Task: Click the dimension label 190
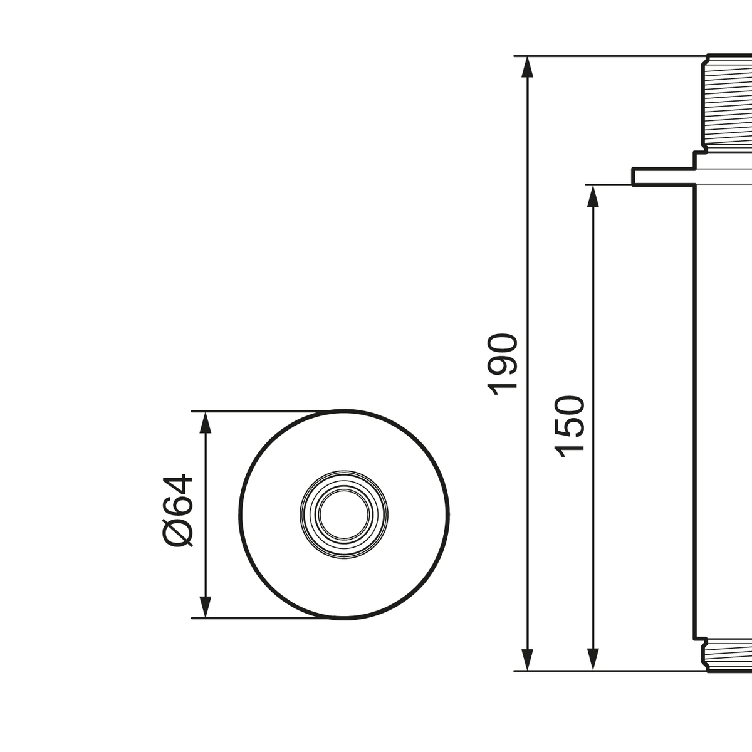point(505,364)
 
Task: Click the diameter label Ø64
point(178,510)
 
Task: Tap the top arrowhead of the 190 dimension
point(527,66)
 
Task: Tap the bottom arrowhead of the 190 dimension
point(527,661)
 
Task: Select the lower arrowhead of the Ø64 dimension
point(205,607)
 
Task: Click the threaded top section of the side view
point(727,103)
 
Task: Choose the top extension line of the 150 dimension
point(608,184)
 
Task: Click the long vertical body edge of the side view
point(693,407)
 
